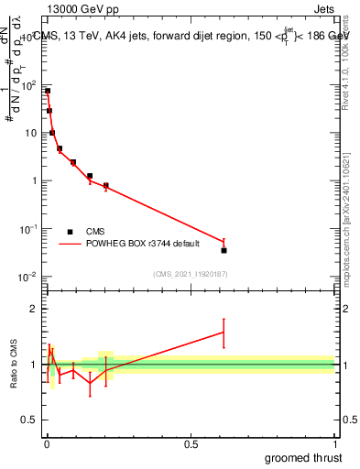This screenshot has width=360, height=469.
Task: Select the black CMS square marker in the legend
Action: point(70,232)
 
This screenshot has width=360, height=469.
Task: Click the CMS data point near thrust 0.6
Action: point(224,250)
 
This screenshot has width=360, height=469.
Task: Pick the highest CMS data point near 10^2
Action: point(47,91)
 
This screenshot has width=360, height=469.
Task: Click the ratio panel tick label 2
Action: point(34,309)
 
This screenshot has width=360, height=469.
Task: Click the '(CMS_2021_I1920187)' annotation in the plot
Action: point(190,274)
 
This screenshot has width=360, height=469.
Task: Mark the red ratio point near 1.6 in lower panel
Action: point(224,333)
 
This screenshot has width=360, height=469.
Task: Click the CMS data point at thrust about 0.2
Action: point(106,185)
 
